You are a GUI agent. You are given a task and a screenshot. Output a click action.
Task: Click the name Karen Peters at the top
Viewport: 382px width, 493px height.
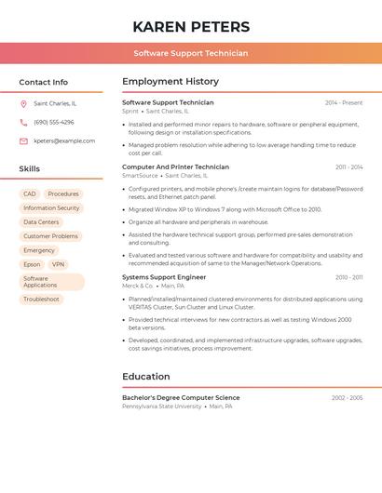coord(191,26)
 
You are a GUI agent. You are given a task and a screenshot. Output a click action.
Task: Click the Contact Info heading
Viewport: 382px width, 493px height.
coord(43,82)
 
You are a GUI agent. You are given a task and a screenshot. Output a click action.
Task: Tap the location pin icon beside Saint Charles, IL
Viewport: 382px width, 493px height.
coord(23,103)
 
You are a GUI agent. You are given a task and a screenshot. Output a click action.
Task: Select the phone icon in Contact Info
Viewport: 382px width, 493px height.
coord(23,122)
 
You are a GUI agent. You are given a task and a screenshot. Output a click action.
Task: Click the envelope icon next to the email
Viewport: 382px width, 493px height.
coord(23,141)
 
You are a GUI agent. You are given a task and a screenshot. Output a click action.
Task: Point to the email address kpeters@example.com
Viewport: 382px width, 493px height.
coord(64,141)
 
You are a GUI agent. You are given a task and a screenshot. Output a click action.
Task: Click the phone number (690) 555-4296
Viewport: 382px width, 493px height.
coord(54,122)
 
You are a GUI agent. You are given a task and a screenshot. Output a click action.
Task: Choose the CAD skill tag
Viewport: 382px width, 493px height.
coord(30,193)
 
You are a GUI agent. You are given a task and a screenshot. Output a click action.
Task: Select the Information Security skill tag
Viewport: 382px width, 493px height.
coord(51,207)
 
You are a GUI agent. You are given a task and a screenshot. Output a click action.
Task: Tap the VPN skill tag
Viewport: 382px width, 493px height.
coord(59,264)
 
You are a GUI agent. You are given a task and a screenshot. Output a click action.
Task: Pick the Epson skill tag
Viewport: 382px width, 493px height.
coord(32,264)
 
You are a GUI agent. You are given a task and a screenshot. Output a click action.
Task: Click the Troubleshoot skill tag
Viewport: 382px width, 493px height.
coord(41,299)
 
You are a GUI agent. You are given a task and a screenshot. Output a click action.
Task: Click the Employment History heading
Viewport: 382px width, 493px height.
coord(170,81)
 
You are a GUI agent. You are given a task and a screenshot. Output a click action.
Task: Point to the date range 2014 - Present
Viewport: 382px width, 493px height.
coord(344,102)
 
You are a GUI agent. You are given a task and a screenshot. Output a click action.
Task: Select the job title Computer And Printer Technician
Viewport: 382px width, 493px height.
coord(175,167)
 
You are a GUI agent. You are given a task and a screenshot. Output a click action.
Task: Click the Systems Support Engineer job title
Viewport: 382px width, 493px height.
coord(164,277)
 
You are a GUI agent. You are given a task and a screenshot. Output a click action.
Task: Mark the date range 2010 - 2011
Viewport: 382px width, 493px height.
coord(349,277)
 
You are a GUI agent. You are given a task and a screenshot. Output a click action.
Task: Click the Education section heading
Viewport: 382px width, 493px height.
coord(145,377)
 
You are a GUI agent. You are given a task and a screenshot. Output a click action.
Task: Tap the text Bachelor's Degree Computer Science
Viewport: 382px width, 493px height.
coord(181,397)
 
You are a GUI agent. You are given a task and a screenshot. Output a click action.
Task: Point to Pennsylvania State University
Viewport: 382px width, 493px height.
coord(161,406)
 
